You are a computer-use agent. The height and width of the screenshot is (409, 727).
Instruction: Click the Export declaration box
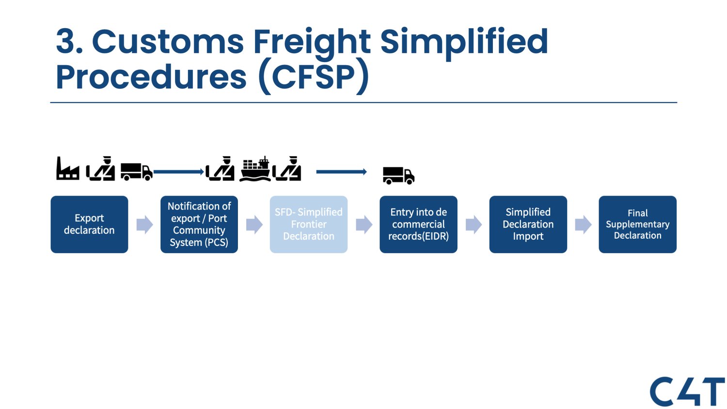(89, 224)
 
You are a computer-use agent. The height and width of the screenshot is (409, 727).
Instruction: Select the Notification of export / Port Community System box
(199, 224)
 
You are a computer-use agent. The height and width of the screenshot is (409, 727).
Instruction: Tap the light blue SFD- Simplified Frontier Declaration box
(308, 224)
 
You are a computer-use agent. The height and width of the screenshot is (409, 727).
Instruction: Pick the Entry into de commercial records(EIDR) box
(418, 224)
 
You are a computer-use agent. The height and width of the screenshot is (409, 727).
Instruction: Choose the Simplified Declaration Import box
(528, 224)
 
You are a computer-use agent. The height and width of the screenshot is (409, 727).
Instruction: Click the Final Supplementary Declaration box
(637, 224)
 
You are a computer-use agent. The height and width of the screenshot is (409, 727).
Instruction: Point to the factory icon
(67, 169)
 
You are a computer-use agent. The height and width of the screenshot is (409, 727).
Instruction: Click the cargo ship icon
(255, 169)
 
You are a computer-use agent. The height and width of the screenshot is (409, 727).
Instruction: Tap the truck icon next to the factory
(136, 171)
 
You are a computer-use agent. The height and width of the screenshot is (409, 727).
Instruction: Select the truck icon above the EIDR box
(398, 175)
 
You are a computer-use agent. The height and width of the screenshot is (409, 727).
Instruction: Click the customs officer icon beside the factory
(101, 169)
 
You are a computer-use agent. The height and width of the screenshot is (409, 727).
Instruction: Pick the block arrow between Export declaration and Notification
(144, 225)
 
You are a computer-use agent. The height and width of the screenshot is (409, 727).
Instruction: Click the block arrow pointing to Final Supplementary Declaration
(583, 225)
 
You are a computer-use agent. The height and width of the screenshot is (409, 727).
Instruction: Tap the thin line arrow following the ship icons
(341, 172)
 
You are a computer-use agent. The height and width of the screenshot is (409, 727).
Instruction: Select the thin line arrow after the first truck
(178, 172)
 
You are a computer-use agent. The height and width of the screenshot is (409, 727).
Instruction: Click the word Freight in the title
(312, 42)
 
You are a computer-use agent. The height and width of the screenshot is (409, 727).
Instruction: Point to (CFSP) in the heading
(314, 77)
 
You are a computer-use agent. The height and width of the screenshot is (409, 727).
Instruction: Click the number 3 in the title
(67, 42)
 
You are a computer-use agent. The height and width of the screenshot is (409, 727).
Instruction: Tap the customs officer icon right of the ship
(287, 169)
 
